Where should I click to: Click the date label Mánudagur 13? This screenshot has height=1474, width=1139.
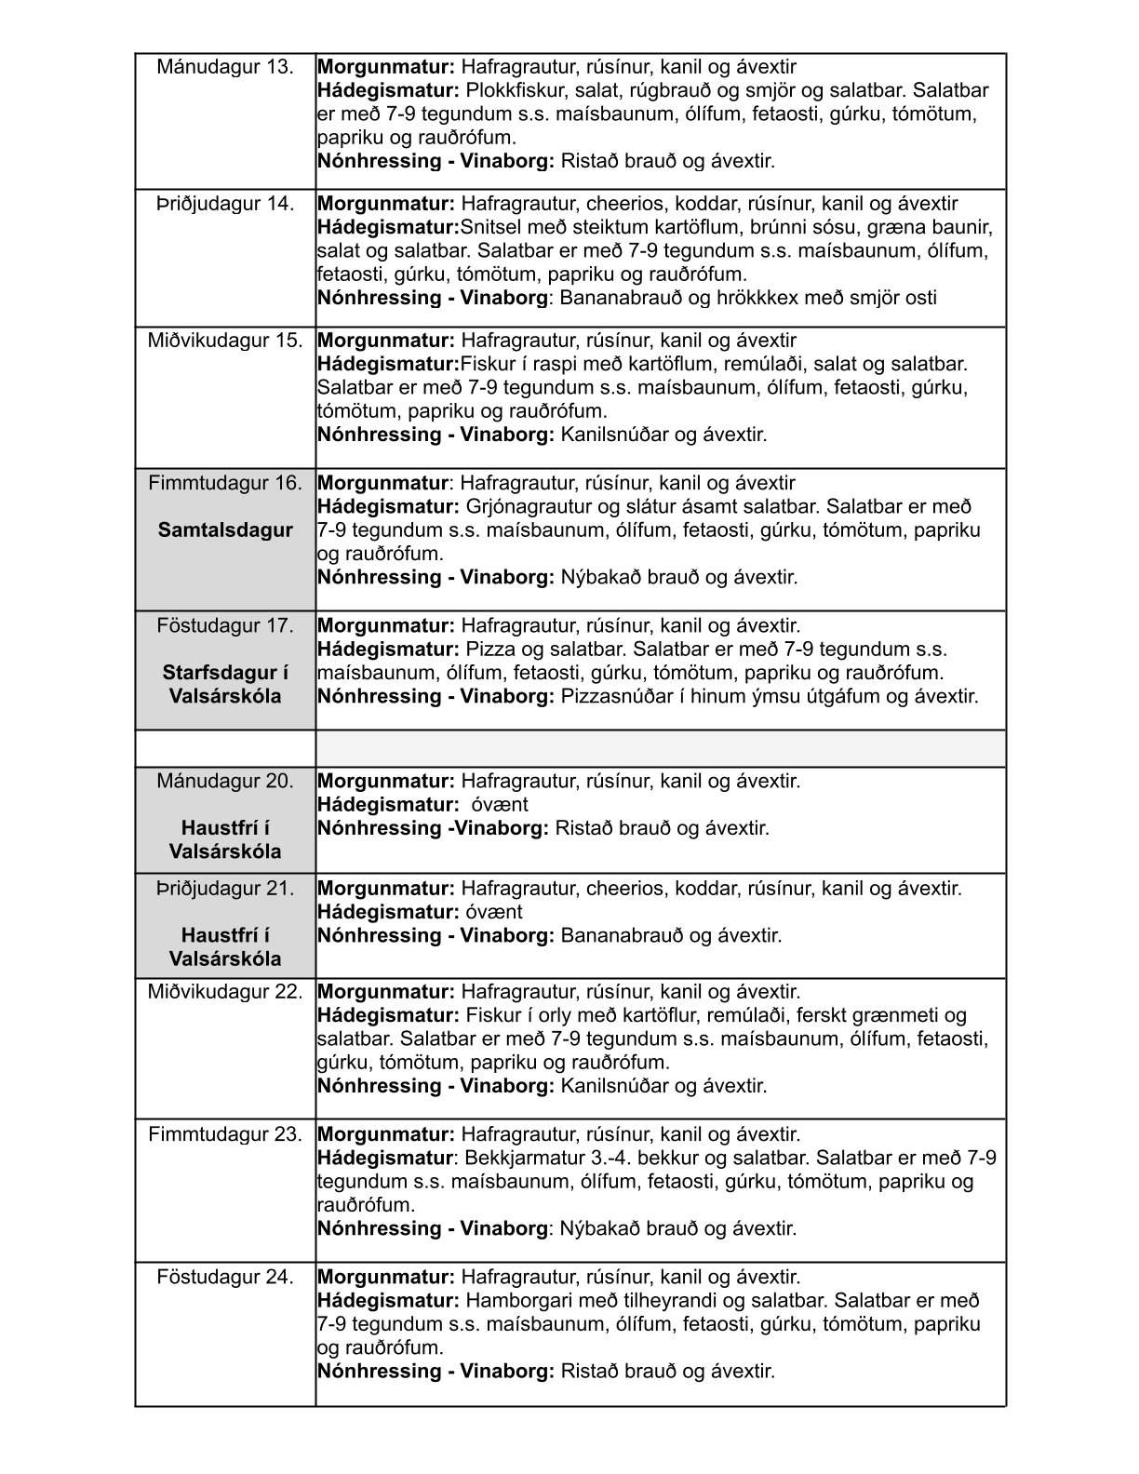click(x=225, y=67)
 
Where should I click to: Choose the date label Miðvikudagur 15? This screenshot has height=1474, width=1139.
click(x=225, y=341)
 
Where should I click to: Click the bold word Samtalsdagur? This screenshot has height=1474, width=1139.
click(x=225, y=530)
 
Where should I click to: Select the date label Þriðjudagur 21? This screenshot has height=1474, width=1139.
click(x=225, y=888)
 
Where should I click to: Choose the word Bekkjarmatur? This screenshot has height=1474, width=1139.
click(x=524, y=1158)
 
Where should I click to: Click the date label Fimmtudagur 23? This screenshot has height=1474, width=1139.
click(x=225, y=1134)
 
